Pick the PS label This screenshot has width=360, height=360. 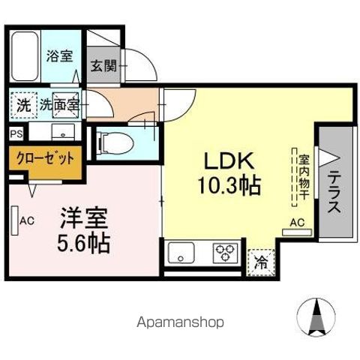click(16, 134)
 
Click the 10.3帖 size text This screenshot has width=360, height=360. click(228, 185)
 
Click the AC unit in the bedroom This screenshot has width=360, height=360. click(16, 221)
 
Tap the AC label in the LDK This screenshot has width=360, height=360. click(296, 222)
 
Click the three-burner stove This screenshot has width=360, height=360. click(224, 253)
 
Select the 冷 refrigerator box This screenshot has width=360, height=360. click(261, 262)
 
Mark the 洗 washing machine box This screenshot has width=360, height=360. click(24, 106)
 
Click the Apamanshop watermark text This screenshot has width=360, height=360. click(180, 323)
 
